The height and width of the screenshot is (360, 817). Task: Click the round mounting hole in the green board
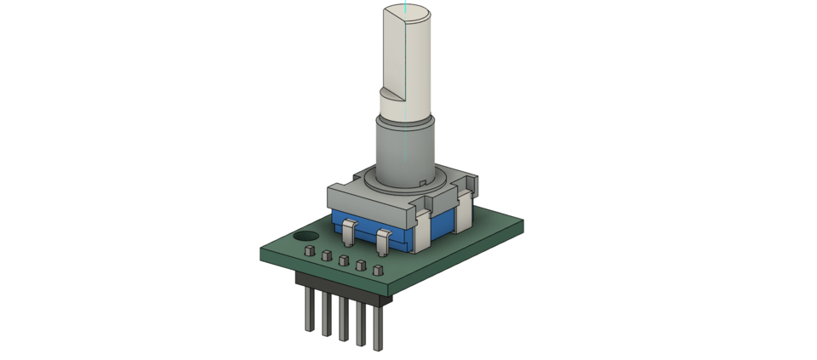click(306, 237)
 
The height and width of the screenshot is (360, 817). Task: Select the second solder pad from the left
click(327, 256)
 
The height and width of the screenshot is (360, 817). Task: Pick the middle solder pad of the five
click(343, 260)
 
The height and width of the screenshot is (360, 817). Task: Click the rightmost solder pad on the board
click(377, 271)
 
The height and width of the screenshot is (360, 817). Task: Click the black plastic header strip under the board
click(340, 286)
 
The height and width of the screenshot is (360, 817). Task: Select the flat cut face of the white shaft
click(396, 51)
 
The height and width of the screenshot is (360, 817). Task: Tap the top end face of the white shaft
click(411, 12)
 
